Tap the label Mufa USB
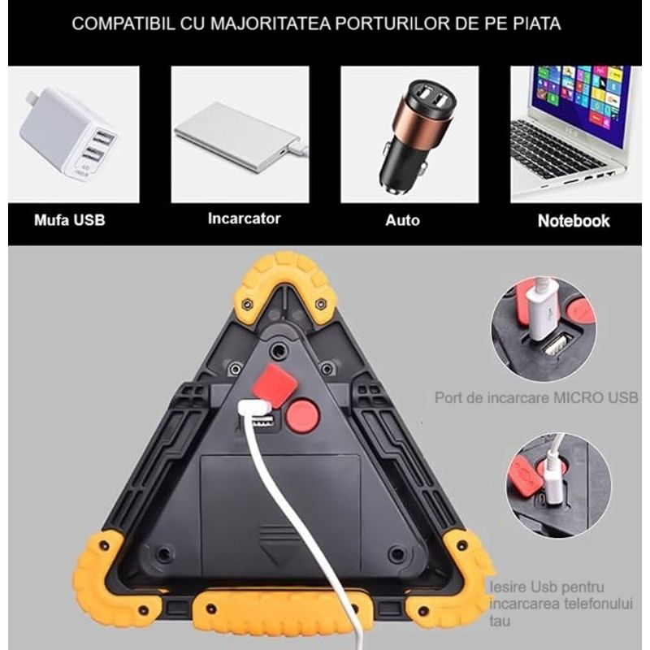click(69, 220)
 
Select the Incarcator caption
click(244, 219)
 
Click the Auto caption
click(402, 220)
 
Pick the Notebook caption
click(574, 220)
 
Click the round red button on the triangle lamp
click(302, 415)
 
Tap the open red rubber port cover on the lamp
click(274, 384)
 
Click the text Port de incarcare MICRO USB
click(536, 398)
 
